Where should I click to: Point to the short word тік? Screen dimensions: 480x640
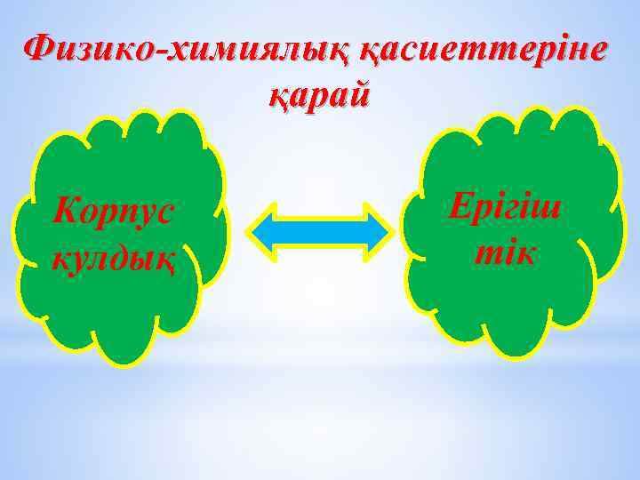[x=505, y=252]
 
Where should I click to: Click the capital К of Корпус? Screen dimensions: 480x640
[x=64, y=211]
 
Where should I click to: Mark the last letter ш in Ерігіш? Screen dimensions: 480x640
[x=551, y=207]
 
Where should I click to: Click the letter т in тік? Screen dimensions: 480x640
[x=484, y=253]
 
